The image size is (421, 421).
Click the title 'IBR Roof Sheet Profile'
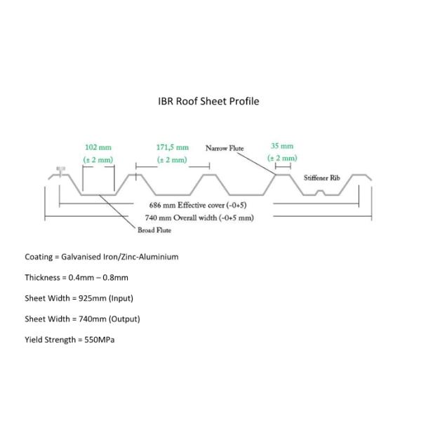pos(208,102)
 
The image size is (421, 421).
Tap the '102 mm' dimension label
pos(98,147)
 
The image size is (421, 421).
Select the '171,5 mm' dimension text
pos(173,147)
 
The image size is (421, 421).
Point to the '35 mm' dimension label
pos(282,146)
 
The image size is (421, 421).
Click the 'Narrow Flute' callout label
pos(225,148)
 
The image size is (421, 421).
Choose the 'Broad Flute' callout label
pos(154,230)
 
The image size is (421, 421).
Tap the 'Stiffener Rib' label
pos(321,178)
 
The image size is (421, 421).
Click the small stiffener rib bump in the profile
pos(320,192)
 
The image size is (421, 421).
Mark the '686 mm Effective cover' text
pos(198,205)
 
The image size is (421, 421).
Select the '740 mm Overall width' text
pos(199,218)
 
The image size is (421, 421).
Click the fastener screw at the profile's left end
pos(60,171)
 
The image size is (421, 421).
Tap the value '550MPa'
pos(100,340)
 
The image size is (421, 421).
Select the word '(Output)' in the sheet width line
pos(124,319)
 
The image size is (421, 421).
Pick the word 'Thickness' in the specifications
pos(42,278)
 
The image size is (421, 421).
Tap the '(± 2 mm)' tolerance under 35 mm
pos(282,158)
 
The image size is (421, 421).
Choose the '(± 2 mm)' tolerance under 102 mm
pos(98,160)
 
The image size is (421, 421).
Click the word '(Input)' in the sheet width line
pos(121,298)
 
